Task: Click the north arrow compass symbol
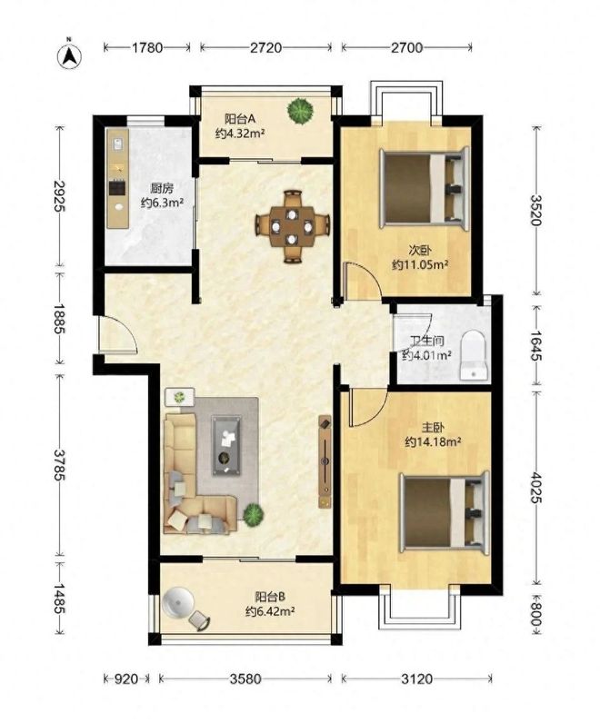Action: click(x=69, y=54)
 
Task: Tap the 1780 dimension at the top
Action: click(x=147, y=47)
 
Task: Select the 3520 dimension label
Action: click(x=536, y=210)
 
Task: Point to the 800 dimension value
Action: click(x=535, y=615)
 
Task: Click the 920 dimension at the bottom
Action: click(x=125, y=678)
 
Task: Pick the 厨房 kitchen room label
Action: click(x=162, y=189)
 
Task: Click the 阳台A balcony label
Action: click(x=240, y=119)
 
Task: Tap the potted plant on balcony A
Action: click(x=300, y=110)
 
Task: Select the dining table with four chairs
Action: click(x=293, y=226)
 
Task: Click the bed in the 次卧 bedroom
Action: click(x=424, y=188)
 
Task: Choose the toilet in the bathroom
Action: click(x=473, y=355)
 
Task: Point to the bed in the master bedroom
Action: click(x=445, y=513)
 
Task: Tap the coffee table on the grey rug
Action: click(x=225, y=445)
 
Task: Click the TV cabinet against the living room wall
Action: click(x=325, y=461)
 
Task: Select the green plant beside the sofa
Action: click(x=254, y=514)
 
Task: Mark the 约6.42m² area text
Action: click(x=270, y=611)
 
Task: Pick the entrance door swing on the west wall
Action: click(x=117, y=334)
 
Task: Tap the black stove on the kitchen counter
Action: click(x=117, y=187)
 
